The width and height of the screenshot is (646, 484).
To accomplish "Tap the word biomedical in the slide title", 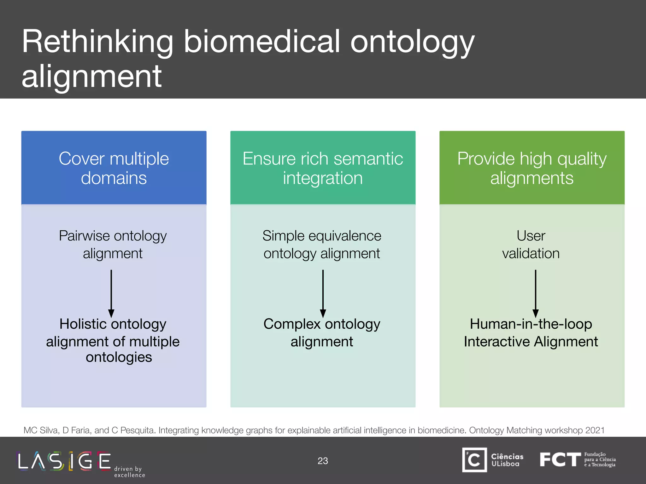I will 262,42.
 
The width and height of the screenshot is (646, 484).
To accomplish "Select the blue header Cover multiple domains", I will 114,168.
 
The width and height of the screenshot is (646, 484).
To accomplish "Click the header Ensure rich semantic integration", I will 323,168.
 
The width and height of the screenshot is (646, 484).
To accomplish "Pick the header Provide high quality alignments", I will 532,168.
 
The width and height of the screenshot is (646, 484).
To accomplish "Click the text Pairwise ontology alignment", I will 113,245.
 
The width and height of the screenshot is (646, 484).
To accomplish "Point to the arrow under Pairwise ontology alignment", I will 111,293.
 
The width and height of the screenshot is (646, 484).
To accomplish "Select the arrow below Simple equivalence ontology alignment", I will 323,293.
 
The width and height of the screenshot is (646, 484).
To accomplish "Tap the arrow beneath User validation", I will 536,293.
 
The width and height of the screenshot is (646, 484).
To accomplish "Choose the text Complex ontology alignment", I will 322,333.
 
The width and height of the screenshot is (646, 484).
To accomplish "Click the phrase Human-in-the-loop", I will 531,324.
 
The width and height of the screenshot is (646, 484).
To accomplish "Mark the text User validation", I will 531,245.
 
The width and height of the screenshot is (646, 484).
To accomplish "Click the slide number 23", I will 323,461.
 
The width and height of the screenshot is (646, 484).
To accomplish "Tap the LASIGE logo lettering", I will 65,461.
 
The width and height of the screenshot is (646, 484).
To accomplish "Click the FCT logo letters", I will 560,459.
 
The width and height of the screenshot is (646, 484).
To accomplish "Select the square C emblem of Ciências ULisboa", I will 474,460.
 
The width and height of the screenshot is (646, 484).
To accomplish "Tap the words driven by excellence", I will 129,472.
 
